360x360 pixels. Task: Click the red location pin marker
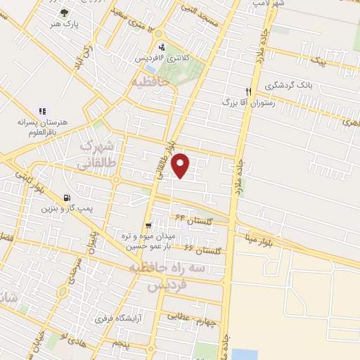pos(181,164)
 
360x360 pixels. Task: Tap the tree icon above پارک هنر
pos(65,12)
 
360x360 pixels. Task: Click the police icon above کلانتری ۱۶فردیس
pos(161,47)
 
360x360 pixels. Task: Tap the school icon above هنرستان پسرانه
pos(42,110)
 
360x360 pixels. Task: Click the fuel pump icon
pos(66,198)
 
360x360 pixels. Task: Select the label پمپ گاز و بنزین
pos(66,209)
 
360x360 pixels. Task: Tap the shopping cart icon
pos(147,225)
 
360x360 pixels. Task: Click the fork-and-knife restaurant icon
pos(247,91)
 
